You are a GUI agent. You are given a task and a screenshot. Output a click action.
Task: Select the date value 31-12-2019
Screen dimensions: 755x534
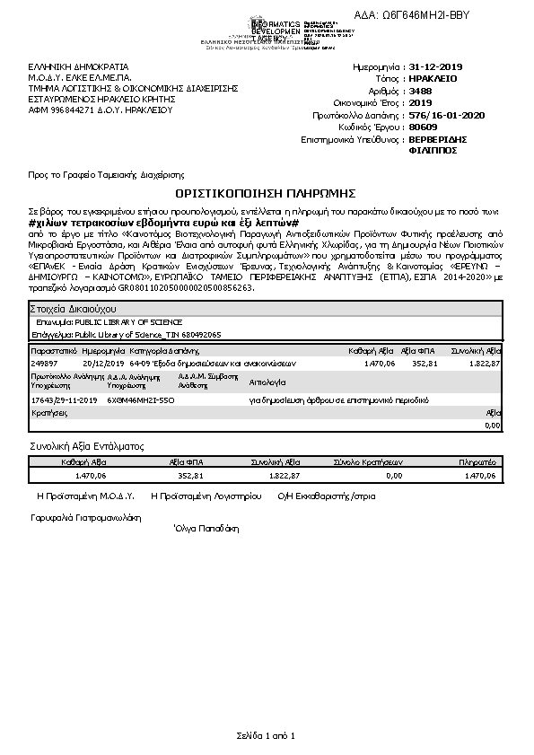[434, 67]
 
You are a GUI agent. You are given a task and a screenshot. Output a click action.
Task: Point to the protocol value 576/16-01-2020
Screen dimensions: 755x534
[445, 115]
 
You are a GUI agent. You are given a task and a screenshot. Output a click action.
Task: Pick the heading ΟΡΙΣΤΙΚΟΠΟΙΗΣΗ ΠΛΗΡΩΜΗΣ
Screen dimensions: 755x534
[267, 193]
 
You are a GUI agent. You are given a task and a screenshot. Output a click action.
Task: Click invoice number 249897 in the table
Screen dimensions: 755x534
[44, 364]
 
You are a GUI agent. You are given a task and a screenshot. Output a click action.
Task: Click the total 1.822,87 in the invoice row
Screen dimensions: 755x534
[485, 364]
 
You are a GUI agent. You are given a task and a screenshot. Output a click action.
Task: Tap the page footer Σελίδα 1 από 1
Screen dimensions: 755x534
[266, 736]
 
